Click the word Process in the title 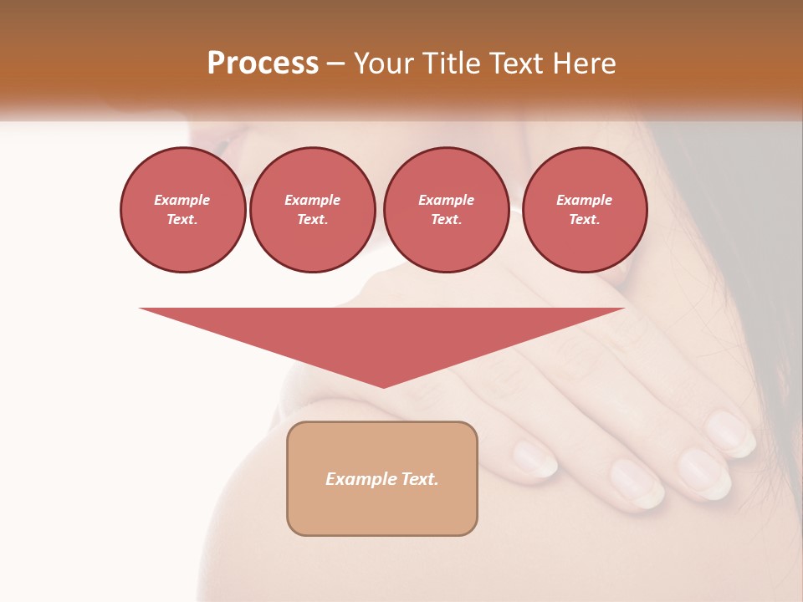tap(263, 63)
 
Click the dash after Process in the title tap(335, 64)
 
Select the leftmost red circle tap(183, 209)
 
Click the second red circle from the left tap(313, 209)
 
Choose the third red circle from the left tap(447, 209)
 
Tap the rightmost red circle tap(585, 209)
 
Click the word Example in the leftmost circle tap(182, 200)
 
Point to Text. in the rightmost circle tap(585, 219)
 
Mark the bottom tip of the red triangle tap(383, 386)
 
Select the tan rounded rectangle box tap(382, 477)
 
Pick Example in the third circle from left tap(447, 200)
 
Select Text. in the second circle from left tap(313, 219)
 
